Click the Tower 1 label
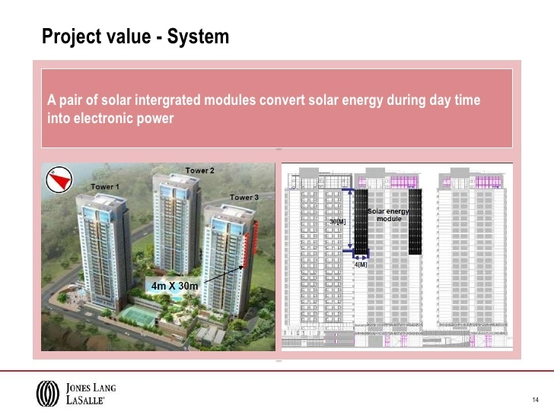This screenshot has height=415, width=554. coord(105,186)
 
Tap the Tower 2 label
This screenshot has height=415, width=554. coord(200,170)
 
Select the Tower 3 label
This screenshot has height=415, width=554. coord(244,197)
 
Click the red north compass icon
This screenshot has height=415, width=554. coord(58,178)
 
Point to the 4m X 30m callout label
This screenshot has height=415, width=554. coord(175,286)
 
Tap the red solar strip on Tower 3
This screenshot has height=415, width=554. coord(246,243)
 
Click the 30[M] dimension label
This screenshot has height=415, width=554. coord(337,222)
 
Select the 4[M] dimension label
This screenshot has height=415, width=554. coord(361,265)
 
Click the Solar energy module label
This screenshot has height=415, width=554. coord(389,214)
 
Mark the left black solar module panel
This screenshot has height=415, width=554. coord(361,225)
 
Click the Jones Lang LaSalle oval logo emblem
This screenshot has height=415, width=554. coord(47,392)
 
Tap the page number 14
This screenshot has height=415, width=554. coord(536,400)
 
